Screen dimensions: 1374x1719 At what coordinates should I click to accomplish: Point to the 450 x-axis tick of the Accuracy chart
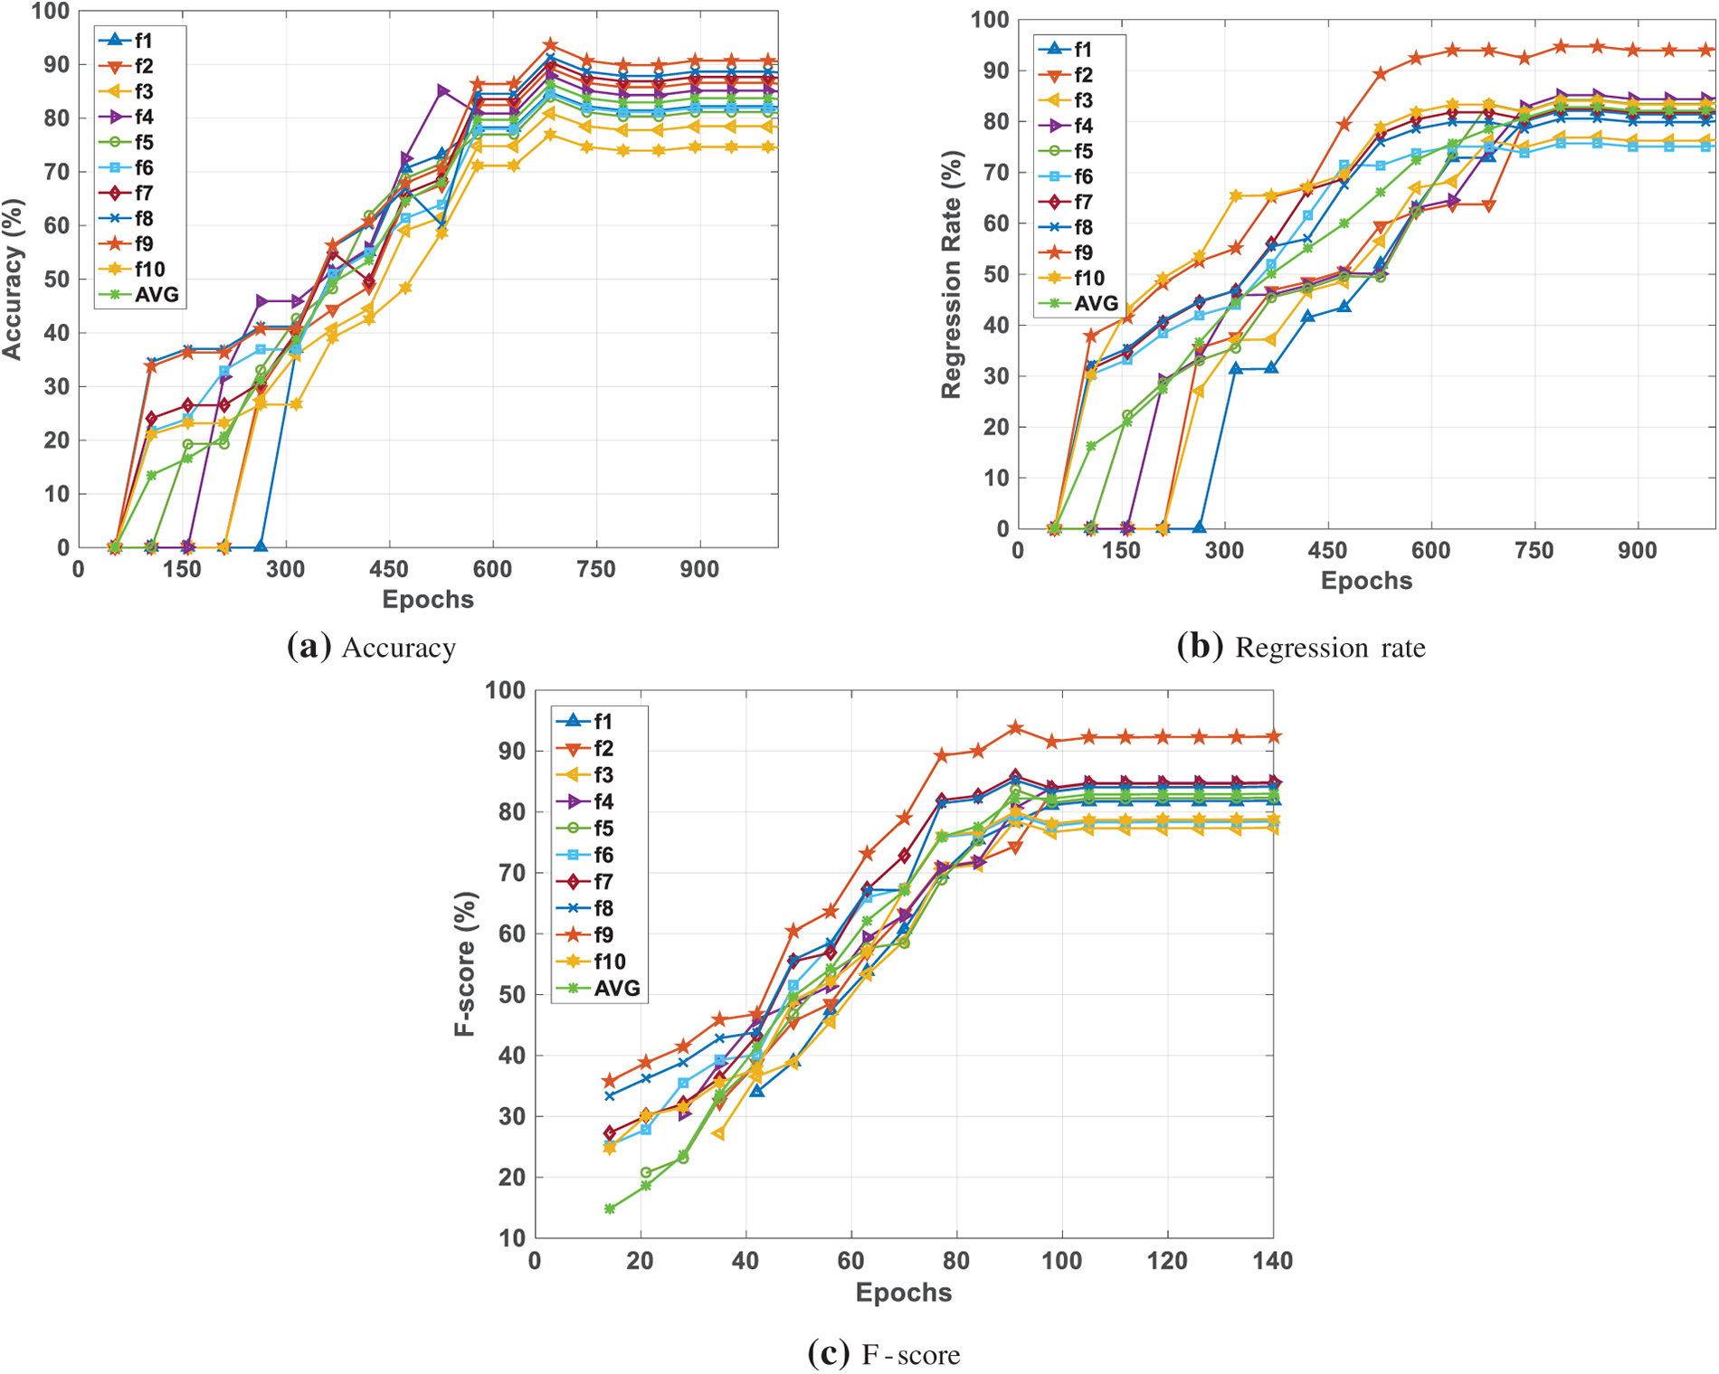(389, 570)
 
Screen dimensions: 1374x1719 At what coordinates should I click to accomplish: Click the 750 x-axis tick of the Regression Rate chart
(1534, 551)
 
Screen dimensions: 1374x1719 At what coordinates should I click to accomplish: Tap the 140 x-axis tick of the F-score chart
(1272, 1261)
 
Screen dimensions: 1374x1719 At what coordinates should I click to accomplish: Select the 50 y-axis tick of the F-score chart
(509, 995)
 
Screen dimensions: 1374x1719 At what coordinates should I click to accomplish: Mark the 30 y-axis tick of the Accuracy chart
(55, 387)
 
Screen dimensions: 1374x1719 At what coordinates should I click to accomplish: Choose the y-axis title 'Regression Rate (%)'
(951, 274)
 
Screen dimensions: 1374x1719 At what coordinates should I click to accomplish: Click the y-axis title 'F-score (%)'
(465, 964)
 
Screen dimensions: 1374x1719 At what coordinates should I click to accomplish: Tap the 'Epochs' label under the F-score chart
(903, 1293)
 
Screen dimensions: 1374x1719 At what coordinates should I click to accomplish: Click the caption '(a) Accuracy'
(371, 648)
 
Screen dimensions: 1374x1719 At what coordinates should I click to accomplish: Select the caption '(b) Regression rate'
(1300, 648)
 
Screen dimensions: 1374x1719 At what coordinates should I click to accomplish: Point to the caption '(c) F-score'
(883, 1354)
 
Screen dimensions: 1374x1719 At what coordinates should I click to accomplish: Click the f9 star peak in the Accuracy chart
(550, 44)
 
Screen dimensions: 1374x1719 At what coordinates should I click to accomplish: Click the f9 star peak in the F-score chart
(1015, 728)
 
